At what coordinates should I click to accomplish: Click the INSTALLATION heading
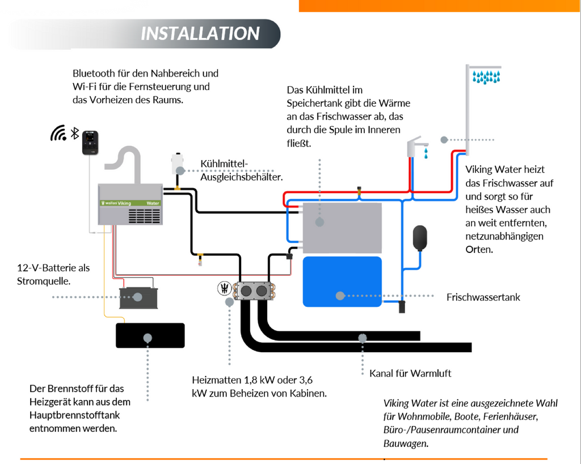[x=200, y=33]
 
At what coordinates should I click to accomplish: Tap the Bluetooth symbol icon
[x=74, y=133]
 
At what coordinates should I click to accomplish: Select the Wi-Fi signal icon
[x=58, y=133]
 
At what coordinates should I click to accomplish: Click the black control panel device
[x=90, y=142]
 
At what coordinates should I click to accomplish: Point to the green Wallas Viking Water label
[x=130, y=203]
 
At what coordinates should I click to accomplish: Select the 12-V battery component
[x=138, y=297]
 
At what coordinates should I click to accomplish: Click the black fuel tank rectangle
[x=150, y=335]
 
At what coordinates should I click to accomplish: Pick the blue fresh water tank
[x=342, y=282]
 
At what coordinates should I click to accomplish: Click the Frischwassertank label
[x=483, y=297]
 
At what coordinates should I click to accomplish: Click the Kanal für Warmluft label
[x=410, y=373]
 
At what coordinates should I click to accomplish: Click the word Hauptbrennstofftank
[x=74, y=415]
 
